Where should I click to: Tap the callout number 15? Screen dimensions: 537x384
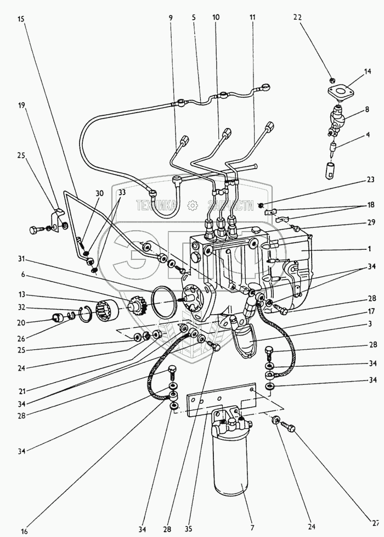[21, 19]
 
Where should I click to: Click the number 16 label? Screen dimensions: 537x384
[9, 531]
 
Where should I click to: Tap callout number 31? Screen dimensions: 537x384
[21, 259]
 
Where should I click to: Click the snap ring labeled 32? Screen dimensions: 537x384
[85, 314]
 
